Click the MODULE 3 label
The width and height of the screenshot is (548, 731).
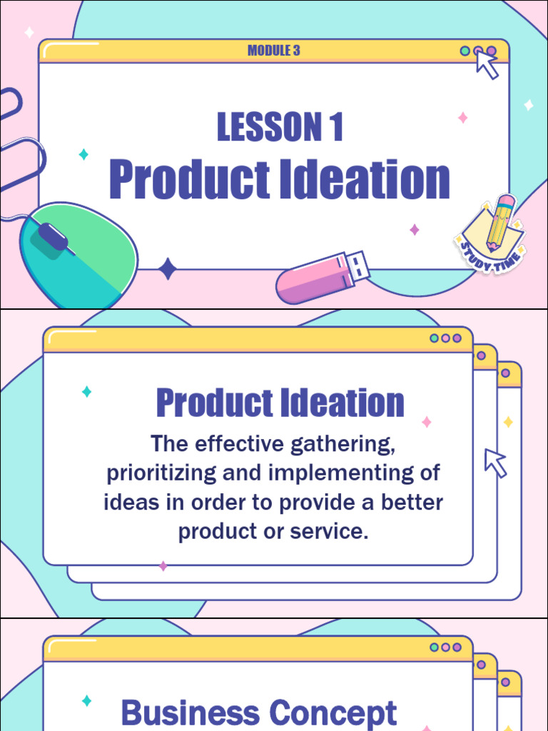coord(273,51)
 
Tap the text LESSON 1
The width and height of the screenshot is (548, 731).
coord(280,127)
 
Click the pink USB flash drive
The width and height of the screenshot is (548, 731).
coord(323,277)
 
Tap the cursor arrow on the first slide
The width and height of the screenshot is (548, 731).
coord(487,65)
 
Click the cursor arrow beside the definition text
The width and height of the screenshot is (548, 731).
coord(495,463)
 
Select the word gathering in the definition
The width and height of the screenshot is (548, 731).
coord(343,444)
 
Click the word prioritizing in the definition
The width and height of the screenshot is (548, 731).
coord(161,474)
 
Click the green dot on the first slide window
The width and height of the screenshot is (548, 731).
coord(465,51)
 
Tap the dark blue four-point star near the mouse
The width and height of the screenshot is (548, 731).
coord(167,269)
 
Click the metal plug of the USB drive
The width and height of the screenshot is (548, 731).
coord(357,266)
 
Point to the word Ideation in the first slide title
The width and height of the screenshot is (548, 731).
coord(365,179)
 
